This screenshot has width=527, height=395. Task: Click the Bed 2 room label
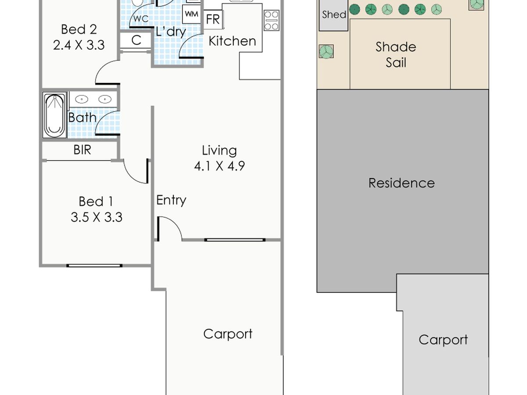[x=79, y=29]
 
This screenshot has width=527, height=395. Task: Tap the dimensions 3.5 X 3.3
[x=97, y=217]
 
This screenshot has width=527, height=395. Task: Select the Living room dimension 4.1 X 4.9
[x=220, y=166]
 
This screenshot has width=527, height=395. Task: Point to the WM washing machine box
[x=191, y=14]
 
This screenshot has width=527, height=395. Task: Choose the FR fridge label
[x=213, y=19]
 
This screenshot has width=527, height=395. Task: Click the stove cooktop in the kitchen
[x=271, y=20]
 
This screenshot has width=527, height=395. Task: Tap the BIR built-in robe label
[x=83, y=150]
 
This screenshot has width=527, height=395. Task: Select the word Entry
[x=171, y=200]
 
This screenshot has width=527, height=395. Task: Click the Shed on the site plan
[x=333, y=15]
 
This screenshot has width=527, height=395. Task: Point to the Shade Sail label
[x=396, y=55]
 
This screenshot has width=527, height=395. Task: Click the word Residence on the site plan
[x=402, y=183]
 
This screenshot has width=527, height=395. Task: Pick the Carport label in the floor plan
[x=228, y=334]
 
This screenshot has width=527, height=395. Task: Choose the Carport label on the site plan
[x=443, y=340]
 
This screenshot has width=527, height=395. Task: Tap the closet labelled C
[x=136, y=40]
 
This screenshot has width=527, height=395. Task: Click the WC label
[x=141, y=19]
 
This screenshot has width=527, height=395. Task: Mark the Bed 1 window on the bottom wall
[x=94, y=266]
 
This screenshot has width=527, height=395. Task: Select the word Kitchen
[x=232, y=41]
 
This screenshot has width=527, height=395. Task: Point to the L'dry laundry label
[x=171, y=32]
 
